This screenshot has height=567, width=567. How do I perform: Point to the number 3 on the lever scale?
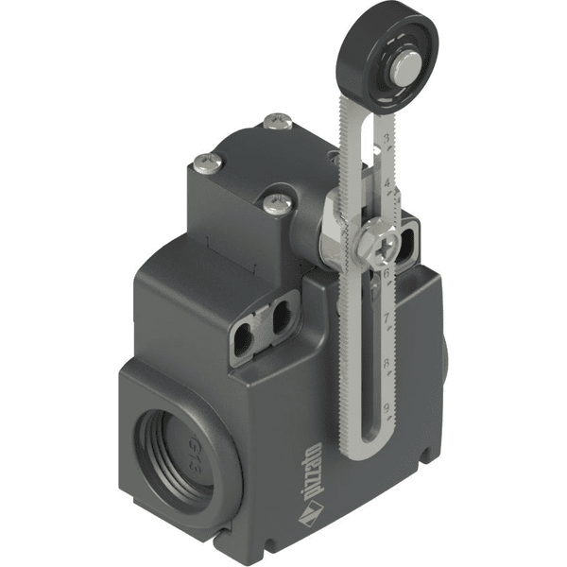pyautogui.click(x=387, y=138)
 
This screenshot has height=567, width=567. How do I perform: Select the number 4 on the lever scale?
pyautogui.click(x=387, y=180)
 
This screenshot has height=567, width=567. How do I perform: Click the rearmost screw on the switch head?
pyautogui.click(x=277, y=120)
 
